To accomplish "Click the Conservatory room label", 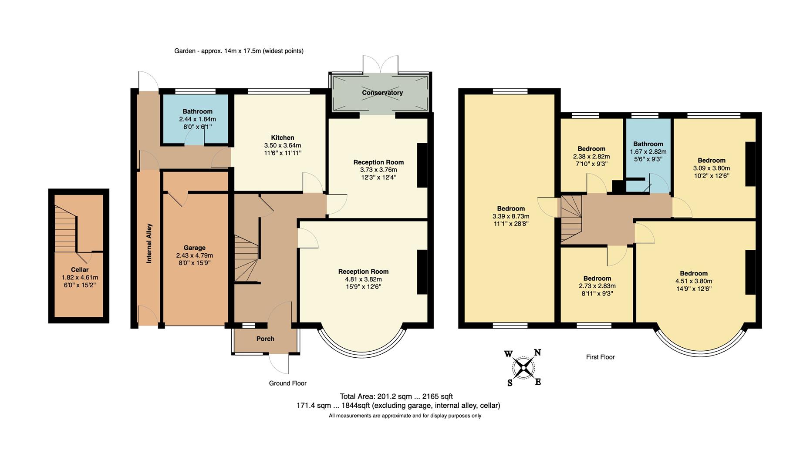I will coord(382,93).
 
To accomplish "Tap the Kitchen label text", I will coord(282,138).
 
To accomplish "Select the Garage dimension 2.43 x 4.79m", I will coord(194,255).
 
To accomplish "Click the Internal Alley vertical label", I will coord(149,243).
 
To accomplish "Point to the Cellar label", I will coord(79,270).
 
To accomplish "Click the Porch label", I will coord(265,339).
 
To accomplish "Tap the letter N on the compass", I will coord(537,352).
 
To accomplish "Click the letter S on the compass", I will coord(510,383).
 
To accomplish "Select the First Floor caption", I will coord(600,357).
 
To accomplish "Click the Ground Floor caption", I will coord(287,383).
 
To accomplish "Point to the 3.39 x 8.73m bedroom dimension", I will coord(511,216).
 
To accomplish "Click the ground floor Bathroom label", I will coord(197,111).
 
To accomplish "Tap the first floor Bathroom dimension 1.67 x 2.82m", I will coord(648,152).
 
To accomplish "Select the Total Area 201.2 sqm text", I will coord(396,396).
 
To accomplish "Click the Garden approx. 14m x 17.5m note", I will coord(239,51).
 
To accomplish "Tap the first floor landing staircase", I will coord(571,218).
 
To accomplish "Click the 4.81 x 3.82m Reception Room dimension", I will coord(363,279).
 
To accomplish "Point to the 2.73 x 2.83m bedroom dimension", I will coord(597,286).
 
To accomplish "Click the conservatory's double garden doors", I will coord(380,64).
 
